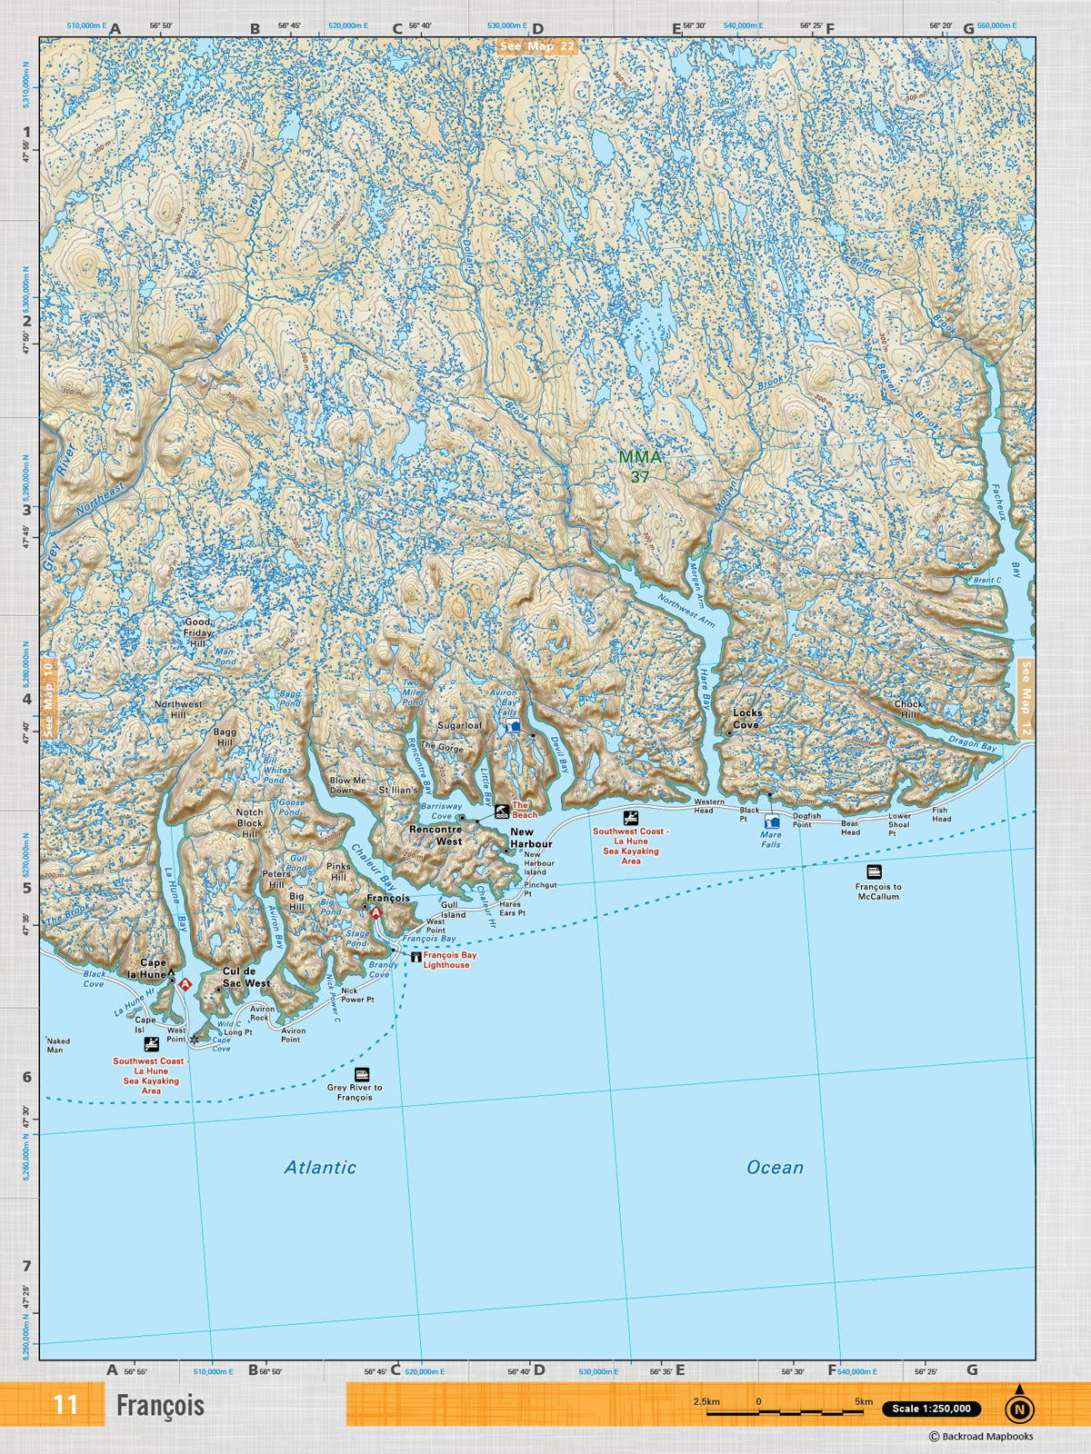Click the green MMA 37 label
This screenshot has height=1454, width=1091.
click(640, 466)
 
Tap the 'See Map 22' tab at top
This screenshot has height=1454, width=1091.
click(537, 46)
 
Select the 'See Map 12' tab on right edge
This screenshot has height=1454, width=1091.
click(1026, 699)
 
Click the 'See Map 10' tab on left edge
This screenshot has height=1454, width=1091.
click(48, 698)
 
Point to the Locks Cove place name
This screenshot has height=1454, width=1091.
click(747, 719)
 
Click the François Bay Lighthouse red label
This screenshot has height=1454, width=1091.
click(449, 960)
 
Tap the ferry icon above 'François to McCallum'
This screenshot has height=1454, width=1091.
click(874, 871)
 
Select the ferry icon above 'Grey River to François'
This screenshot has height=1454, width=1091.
click(361, 1074)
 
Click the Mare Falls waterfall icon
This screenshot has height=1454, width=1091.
click(772, 822)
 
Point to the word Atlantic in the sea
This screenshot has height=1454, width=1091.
click(320, 1167)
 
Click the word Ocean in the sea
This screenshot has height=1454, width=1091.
click(775, 1167)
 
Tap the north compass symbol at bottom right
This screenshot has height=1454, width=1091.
click(1019, 1407)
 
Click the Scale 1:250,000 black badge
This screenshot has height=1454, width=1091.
click(931, 1409)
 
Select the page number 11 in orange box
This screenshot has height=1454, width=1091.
click(65, 1405)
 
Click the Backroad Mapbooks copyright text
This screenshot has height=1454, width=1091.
click(981, 1437)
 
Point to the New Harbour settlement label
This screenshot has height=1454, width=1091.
click(531, 838)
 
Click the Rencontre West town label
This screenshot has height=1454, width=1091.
click(435, 835)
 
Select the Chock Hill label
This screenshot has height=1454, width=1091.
click(908, 709)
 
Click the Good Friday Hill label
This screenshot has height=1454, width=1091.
click(197, 632)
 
